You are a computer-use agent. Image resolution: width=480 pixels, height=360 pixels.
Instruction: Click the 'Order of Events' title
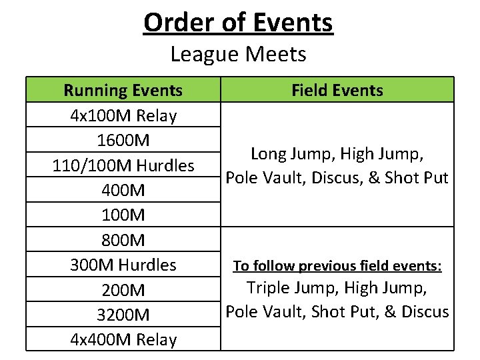click(x=238, y=23)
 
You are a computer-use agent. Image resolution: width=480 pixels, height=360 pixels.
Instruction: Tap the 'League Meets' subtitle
click(x=238, y=53)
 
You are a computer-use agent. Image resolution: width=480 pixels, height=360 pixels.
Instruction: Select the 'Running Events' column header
click(x=123, y=90)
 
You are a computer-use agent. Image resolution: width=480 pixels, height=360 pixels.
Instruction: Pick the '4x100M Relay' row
click(x=123, y=115)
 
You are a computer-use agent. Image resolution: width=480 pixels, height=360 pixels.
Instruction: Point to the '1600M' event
click(x=123, y=141)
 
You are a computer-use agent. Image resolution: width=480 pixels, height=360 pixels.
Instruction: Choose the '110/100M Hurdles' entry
click(x=123, y=165)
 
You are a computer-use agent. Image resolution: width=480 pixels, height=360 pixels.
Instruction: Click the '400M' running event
click(x=123, y=191)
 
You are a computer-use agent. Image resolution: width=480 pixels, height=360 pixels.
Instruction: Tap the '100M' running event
click(x=123, y=215)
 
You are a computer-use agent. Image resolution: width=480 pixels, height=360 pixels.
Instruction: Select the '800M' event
click(x=123, y=240)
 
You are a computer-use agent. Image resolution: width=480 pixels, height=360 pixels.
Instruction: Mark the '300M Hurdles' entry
click(x=123, y=265)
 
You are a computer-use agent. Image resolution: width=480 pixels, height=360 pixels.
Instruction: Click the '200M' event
click(x=123, y=290)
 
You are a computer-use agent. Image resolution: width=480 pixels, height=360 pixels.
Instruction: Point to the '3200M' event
click(x=123, y=315)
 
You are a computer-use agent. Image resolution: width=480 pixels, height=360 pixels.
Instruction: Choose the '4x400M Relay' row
click(x=123, y=340)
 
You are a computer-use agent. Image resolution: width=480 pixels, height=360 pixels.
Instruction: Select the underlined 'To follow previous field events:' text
click(x=337, y=266)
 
